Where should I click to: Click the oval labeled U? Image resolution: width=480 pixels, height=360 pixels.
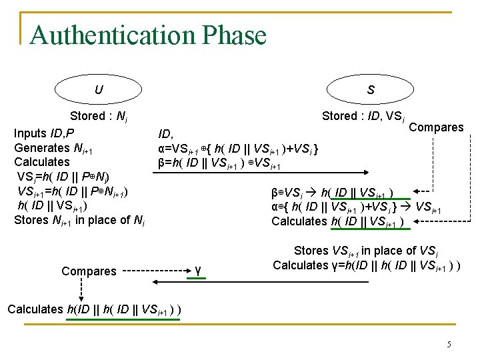click(99, 89)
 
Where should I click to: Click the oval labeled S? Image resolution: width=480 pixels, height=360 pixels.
click(370, 89)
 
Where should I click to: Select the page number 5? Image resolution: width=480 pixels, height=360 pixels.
click(449, 344)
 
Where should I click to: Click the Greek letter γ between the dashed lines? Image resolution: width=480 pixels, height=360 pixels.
click(199, 270)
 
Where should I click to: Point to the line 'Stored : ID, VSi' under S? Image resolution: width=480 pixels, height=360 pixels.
click(363, 117)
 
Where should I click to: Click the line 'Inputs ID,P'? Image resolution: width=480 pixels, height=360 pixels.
click(44, 133)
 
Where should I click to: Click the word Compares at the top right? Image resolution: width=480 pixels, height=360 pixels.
click(436, 127)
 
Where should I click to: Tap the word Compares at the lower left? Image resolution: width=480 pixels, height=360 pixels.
click(89, 271)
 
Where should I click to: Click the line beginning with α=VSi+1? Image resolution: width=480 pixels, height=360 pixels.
click(237, 149)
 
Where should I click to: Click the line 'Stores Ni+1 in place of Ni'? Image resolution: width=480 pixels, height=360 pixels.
click(79, 220)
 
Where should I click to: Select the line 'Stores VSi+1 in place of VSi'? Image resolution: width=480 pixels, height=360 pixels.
click(364, 251)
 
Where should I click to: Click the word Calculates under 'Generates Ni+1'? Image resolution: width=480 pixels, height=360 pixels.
click(41, 162)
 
